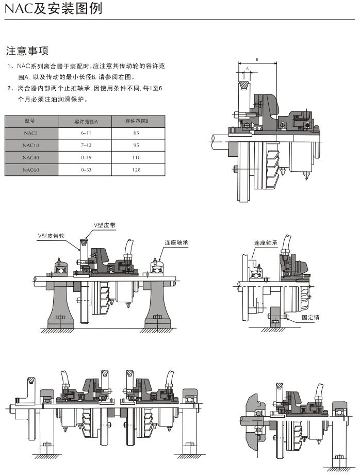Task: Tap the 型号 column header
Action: pos(30,121)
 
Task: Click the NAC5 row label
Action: pos(30,133)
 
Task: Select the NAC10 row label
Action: pos(30,145)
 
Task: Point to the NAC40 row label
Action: pos(30,157)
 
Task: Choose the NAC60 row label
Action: pos(30,170)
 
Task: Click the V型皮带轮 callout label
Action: pos(51,235)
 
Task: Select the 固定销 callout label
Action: pos(310,317)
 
